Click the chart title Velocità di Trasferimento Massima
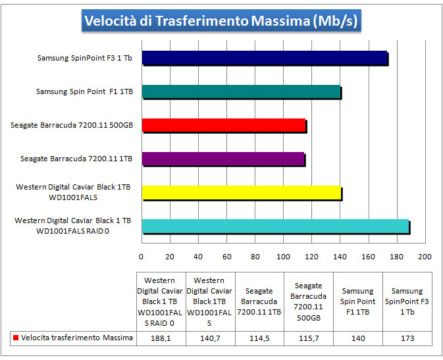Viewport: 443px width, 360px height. click(221, 21)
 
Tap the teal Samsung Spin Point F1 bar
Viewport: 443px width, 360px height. click(241, 92)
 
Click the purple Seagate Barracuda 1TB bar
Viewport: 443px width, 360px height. click(223, 159)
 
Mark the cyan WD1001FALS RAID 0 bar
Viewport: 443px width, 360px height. click(275, 226)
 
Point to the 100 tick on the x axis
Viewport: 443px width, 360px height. click(284, 257)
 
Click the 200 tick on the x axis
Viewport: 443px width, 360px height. click(425, 257)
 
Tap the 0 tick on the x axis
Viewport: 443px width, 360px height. click(142, 257)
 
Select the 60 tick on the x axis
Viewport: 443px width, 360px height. click(227, 257)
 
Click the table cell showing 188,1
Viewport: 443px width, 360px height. click(161, 338)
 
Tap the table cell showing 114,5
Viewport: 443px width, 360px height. click(259, 338)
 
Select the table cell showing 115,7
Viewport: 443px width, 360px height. click(309, 338)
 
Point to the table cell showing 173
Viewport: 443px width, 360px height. click(407, 338)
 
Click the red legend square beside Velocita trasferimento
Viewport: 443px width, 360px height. click(15, 338)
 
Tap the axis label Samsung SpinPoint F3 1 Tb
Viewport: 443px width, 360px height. click(84, 58)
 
